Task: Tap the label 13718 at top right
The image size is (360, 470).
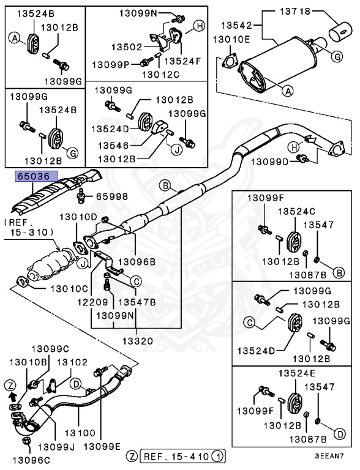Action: (295, 11)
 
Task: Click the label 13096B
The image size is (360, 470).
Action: (138, 261)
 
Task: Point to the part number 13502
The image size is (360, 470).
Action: (126, 47)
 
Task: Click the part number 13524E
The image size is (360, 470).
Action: (297, 373)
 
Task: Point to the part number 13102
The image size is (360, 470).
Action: (72, 362)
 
